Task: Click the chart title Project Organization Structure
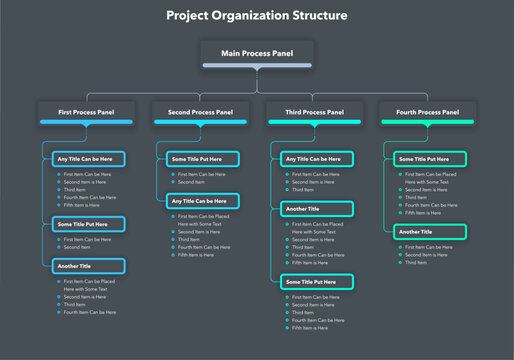pyautogui.click(x=257, y=16)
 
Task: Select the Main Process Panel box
pyautogui.click(x=257, y=53)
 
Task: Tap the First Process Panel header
pyautogui.click(x=85, y=111)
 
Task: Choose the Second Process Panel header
pyautogui.click(x=199, y=111)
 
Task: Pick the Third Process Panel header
pyautogui.click(x=313, y=111)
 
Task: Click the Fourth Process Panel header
pyautogui.click(x=427, y=111)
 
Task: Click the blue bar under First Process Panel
pyautogui.click(x=85, y=122)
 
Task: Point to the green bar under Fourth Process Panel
pyautogui.click(x=427, y=122)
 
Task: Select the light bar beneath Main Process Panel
pyautogui.click(x=257, y=66)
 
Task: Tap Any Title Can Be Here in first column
pyautogui.click(x=89, y=158)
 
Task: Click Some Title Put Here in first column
pyautogui.click(x=89, y=225)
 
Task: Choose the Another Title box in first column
pyautogui.click(x=89, y=266)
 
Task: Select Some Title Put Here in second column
pyautogui.click(x=203, y=158)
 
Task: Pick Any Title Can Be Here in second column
pyautogui.click(x=203, y=201)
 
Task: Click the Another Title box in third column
pyautogui.click(x=317, y=209)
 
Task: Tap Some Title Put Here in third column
pyautogui.click(x=317, y=282)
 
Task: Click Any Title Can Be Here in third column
pyautogui.click(x=317, y=158)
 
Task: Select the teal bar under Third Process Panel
pyautogui.click(x=313, y=122)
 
